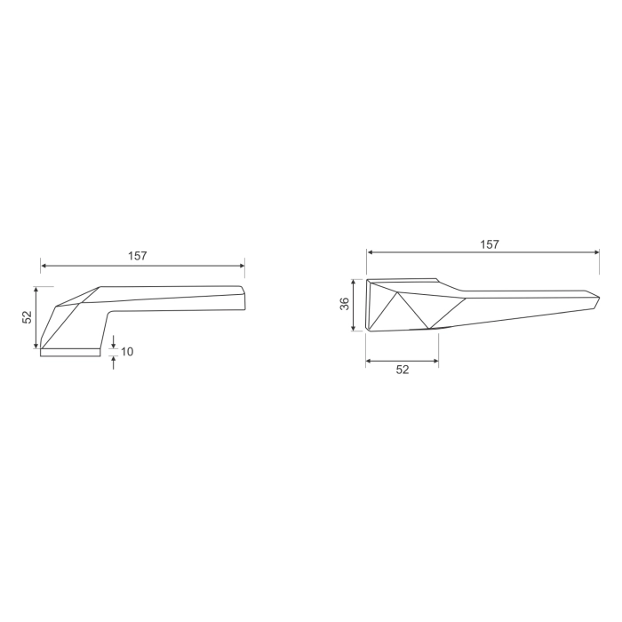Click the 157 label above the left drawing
(137, 256)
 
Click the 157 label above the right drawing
(490, 243)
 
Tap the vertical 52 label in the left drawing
(28, 317)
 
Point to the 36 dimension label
(345, 305)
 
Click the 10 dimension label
(127, 352)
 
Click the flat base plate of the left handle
(70, 352)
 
